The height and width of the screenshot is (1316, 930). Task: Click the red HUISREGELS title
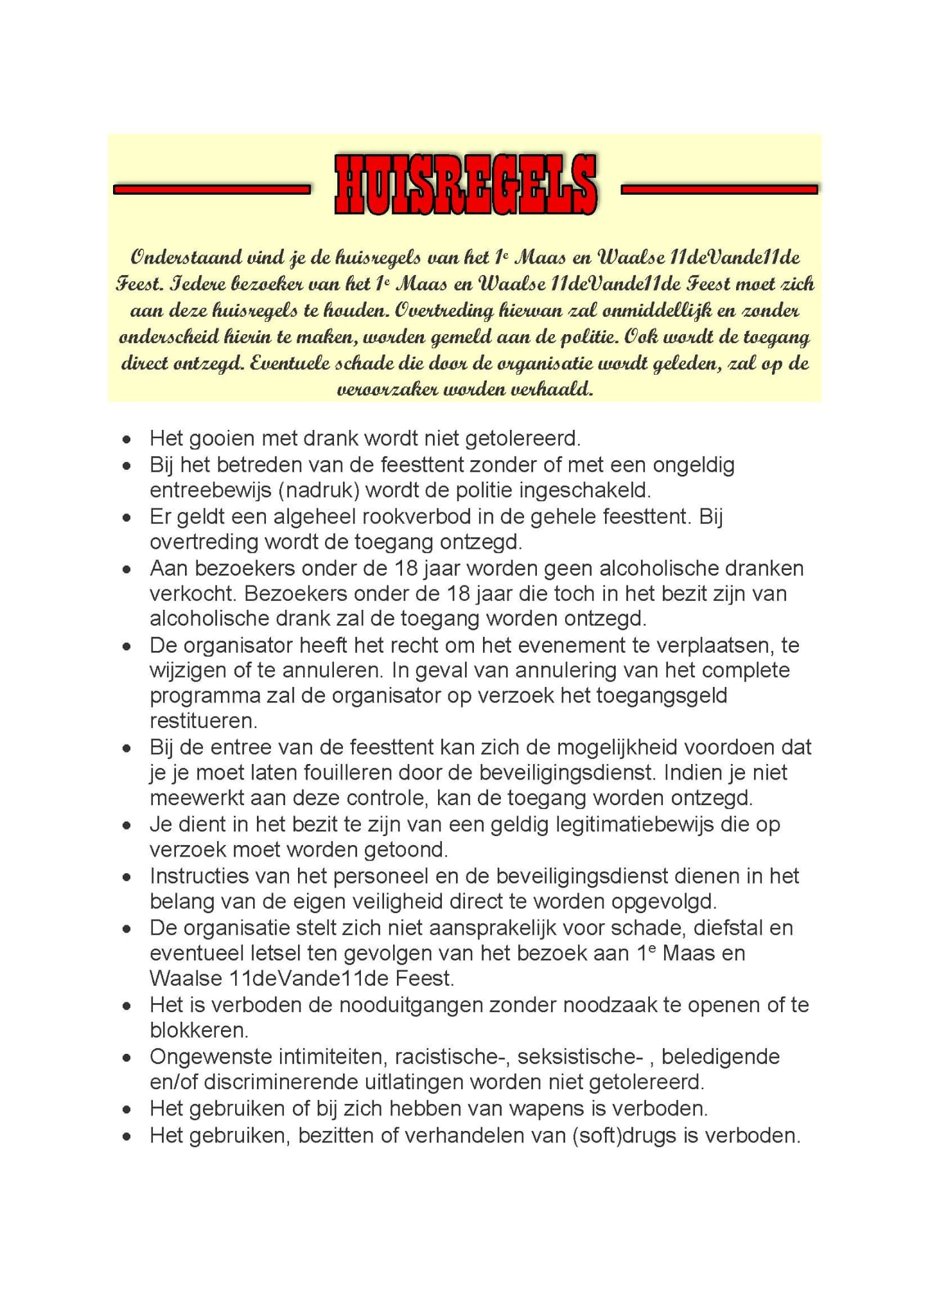(x=465, y=186)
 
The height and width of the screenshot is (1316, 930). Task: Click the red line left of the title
(x=211, y=189)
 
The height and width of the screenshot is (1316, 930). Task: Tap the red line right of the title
(x=719, y=189)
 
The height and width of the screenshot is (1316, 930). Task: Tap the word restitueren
(x=203, y=721)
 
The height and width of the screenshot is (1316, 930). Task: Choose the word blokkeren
(x=198, y=1031)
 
